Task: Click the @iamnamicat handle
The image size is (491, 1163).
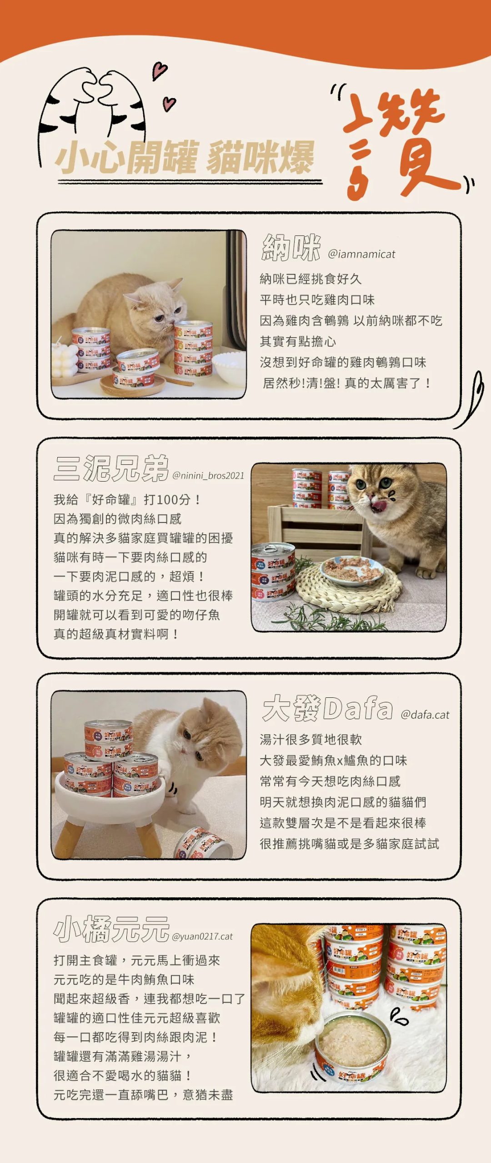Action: (361, 254)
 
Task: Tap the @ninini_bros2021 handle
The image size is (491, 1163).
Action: (208, 476)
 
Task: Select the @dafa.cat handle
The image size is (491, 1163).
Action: (425, 715)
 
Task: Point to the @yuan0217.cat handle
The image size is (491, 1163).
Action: (202, 936)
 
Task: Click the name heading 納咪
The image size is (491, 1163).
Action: (291, 248)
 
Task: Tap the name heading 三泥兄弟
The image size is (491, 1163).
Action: (111, 468)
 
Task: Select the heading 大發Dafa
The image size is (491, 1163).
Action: (327, 709)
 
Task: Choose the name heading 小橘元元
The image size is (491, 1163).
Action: (111, 929)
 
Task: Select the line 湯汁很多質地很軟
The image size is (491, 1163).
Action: (311, 740)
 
